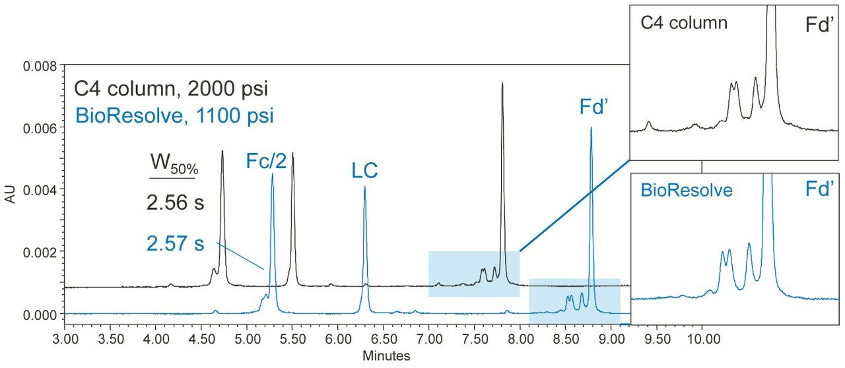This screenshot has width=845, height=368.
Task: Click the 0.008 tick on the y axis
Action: pos(64,66)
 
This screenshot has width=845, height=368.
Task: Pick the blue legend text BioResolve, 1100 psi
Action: pos(175,116)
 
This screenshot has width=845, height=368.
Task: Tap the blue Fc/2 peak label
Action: pos(267,160)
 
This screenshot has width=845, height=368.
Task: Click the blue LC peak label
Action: pos(364,171)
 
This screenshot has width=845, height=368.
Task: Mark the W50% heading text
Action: pos(173,165)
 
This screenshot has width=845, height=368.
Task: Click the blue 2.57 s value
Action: pos(175,245)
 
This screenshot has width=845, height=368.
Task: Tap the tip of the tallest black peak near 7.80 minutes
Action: pos(502,83)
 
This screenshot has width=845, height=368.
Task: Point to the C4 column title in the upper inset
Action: pos(684,24)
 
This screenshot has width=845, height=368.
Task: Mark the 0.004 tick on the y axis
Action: pos(64,190)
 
